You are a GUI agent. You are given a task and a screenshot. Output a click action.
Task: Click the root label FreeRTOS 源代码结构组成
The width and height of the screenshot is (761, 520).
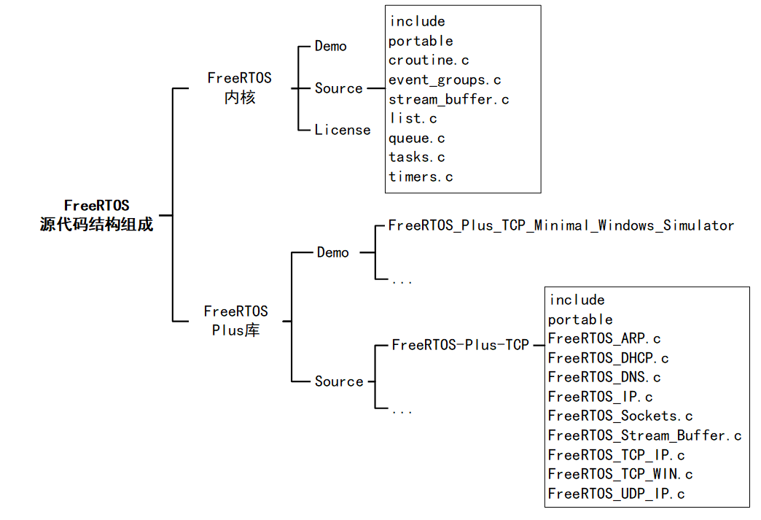(96, 215)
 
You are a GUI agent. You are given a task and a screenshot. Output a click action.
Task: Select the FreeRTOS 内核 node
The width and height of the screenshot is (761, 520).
(239, 88)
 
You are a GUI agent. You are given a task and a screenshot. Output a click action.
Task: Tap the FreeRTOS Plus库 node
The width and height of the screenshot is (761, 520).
(235, 321)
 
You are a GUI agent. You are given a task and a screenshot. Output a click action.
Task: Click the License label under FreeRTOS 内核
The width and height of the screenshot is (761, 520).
(343, 130)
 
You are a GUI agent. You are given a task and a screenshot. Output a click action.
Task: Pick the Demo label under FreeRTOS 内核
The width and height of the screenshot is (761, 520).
(331, 46)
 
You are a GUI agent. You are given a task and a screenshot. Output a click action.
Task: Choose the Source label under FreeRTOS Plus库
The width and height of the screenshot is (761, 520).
(339, 381)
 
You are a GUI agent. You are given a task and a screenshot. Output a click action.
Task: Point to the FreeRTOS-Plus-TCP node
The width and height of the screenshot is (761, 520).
(460, 344)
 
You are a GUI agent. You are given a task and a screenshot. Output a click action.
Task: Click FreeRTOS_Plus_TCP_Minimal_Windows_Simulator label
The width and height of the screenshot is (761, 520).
(561, 225)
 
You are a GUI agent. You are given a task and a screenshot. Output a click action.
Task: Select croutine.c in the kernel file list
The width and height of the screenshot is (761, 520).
(429, 61)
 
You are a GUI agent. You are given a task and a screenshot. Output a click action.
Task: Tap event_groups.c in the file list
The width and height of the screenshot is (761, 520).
(445, 79)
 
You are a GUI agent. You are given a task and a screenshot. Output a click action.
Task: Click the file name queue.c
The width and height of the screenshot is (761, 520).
(417, 138)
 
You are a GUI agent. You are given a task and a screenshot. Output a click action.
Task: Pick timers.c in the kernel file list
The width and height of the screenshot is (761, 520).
(421, 176)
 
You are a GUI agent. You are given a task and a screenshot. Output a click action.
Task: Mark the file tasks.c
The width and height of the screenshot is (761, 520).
(417, 157)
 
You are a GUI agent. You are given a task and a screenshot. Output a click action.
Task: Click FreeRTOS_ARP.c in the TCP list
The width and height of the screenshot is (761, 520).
(604, 338)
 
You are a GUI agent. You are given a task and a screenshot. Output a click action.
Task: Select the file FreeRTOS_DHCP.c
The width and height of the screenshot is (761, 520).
(608, 358)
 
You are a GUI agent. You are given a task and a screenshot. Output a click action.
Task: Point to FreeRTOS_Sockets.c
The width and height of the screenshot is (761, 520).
(620, 416)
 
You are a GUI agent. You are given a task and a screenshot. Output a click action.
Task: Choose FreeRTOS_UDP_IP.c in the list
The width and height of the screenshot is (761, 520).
(616, 494)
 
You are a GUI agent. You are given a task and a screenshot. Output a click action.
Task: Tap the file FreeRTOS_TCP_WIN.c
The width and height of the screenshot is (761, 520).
(620, 474)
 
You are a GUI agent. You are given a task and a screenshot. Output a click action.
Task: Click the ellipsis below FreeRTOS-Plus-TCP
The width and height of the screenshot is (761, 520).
(402, 410)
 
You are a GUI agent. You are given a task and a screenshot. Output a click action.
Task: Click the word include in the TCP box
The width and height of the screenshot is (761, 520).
(577, 300)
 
